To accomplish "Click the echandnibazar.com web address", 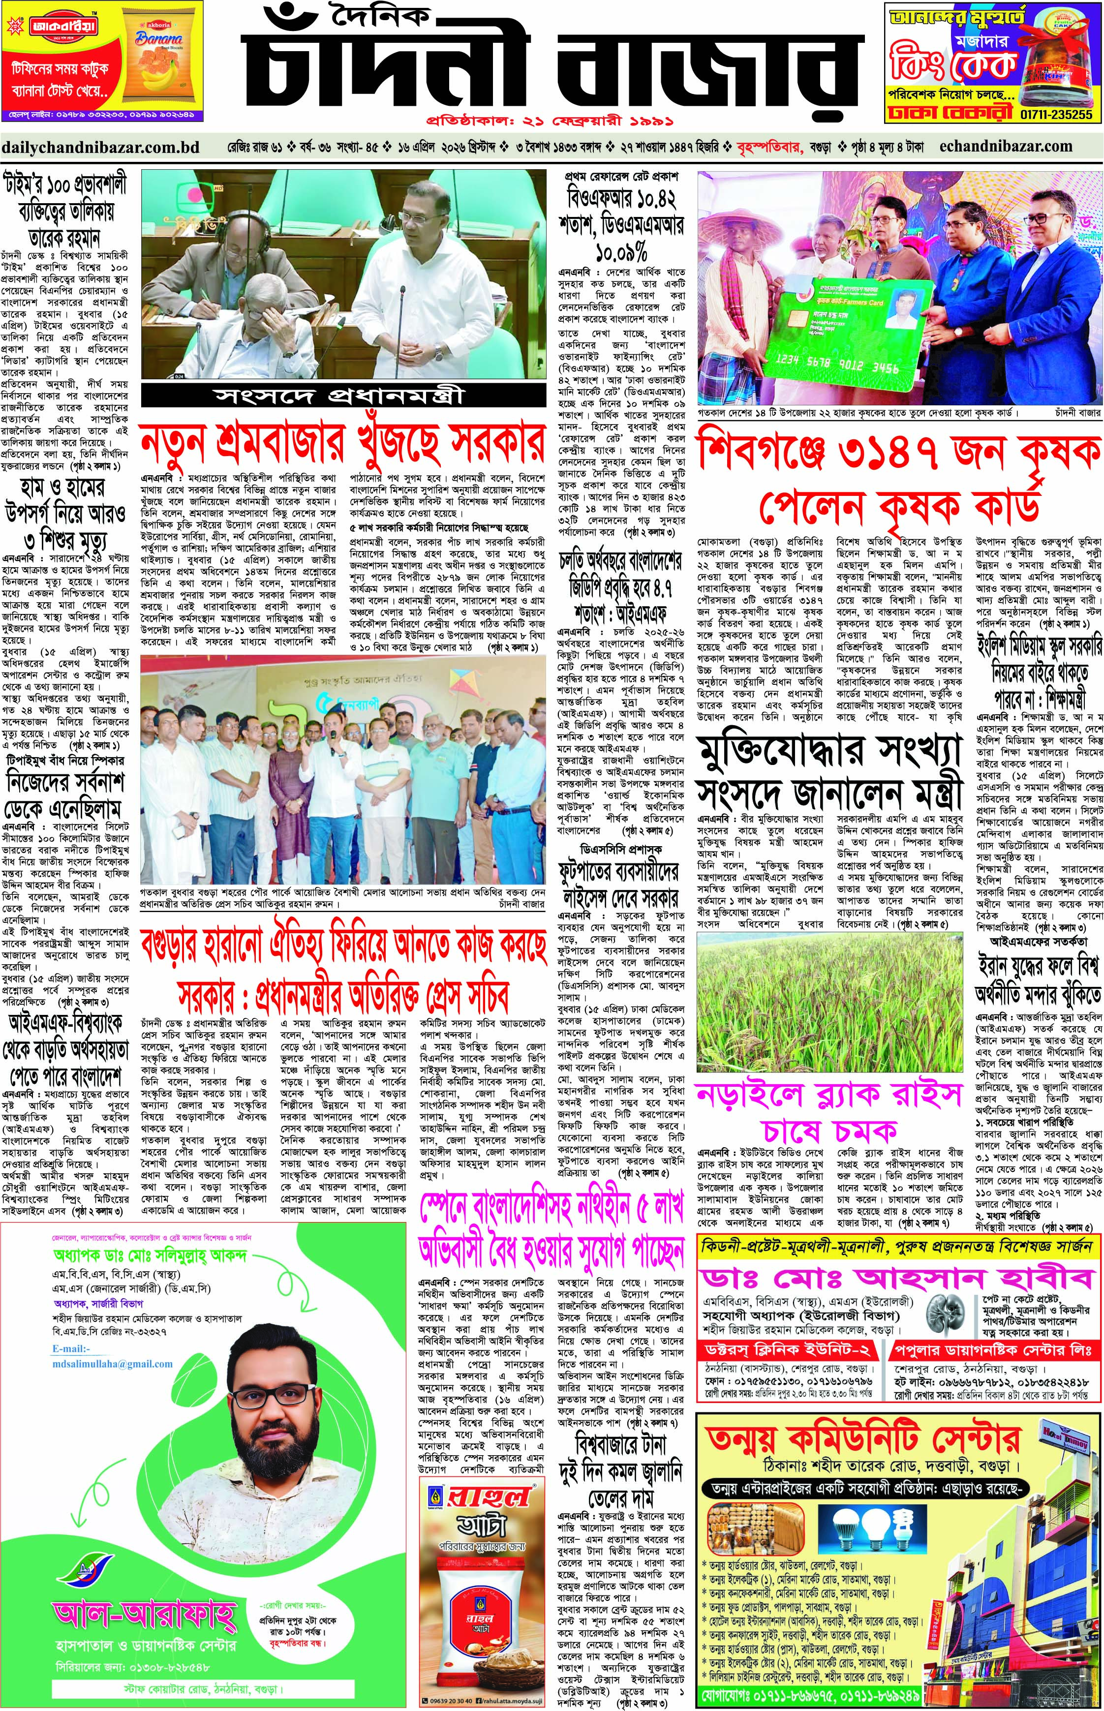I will click(1005, 146).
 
